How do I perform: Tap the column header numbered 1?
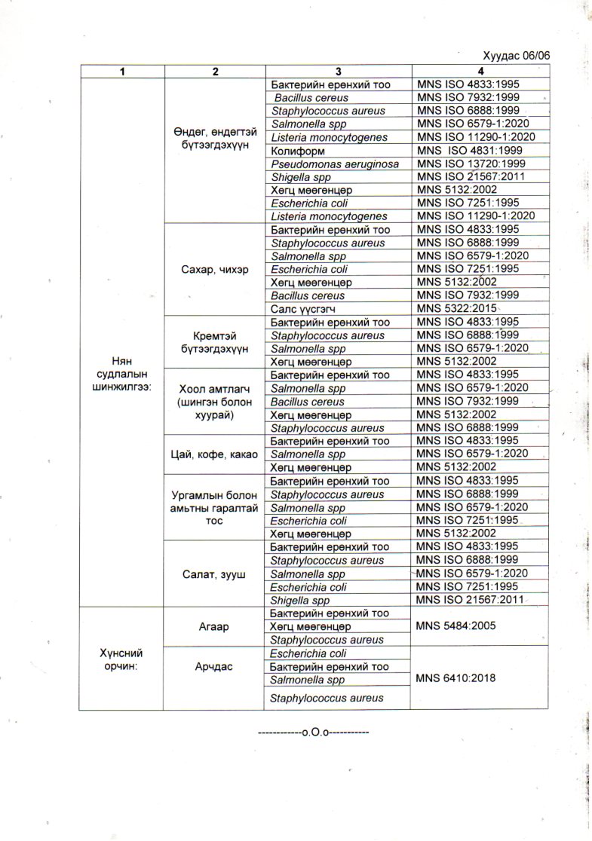[121, 71]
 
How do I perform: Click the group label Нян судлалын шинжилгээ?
[121, 374]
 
